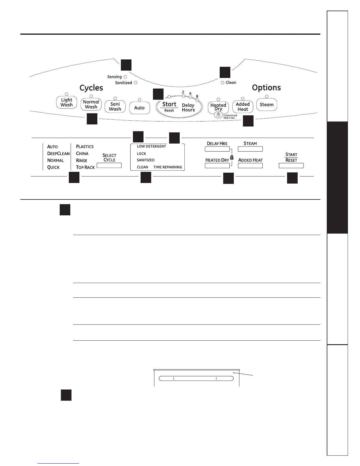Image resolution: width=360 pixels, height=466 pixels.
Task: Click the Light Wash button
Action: click(x=66, y=102)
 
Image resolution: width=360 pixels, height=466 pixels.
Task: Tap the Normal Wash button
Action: click(x=91, y=104)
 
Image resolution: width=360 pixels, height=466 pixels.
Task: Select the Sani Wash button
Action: click(x=115, y=106)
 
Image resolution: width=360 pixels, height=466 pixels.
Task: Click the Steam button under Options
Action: click(x=266, y=105)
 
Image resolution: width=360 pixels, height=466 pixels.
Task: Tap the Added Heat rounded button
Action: click(x=243, y=107)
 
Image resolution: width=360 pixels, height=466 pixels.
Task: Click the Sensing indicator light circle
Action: click(x=125, y=77)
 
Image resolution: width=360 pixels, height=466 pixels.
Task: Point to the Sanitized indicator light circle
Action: click(x=136, y=83)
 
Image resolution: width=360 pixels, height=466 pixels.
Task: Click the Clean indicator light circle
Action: click(x=222, y=83)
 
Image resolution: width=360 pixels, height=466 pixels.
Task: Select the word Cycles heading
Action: click(x=91, y=88)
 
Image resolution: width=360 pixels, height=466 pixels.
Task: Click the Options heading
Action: click(x=266, y=88)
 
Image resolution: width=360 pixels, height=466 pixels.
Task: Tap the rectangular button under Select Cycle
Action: click(x=109, y=165)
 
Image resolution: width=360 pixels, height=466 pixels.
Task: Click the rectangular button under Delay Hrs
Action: click(x=217, y=149)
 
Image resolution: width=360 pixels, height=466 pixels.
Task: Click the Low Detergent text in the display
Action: click(x=151, y=146)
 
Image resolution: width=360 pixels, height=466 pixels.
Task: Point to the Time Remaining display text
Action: click(x=168, y=167)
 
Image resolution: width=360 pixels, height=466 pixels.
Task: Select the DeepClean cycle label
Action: click(x=58, y=154)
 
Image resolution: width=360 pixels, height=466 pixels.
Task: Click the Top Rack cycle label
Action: click(x=85, y=167)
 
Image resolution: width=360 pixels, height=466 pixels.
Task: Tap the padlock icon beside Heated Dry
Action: click(x=232, y=157)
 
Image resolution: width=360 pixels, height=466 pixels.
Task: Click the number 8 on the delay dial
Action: click(x=197, y=96)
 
